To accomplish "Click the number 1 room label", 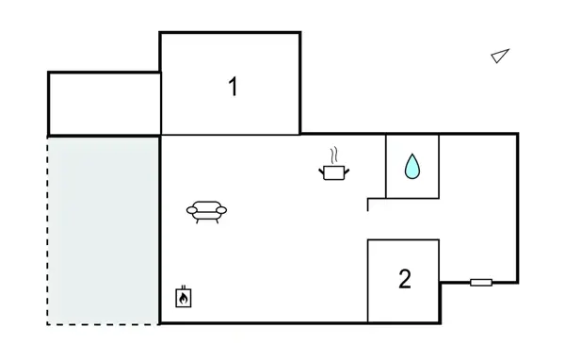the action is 233,88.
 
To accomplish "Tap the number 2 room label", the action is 405,280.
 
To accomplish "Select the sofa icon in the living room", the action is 207,211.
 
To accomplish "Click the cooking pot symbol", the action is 334,172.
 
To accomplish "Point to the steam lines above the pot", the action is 334,155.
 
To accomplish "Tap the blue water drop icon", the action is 412,168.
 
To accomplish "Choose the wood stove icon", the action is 184,297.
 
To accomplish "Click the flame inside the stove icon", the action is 184,300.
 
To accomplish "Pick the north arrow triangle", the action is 500,57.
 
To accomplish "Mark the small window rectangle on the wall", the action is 481,282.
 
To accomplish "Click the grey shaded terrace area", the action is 104,231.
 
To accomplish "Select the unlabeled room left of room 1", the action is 104,104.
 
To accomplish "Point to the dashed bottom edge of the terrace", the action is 104,324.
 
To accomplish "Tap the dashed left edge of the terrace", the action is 48,231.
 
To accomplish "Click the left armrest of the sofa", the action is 190,210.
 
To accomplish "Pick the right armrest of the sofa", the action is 224,210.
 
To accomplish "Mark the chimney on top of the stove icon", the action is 184,286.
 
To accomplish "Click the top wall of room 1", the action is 231,33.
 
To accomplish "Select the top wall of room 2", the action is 403,240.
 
